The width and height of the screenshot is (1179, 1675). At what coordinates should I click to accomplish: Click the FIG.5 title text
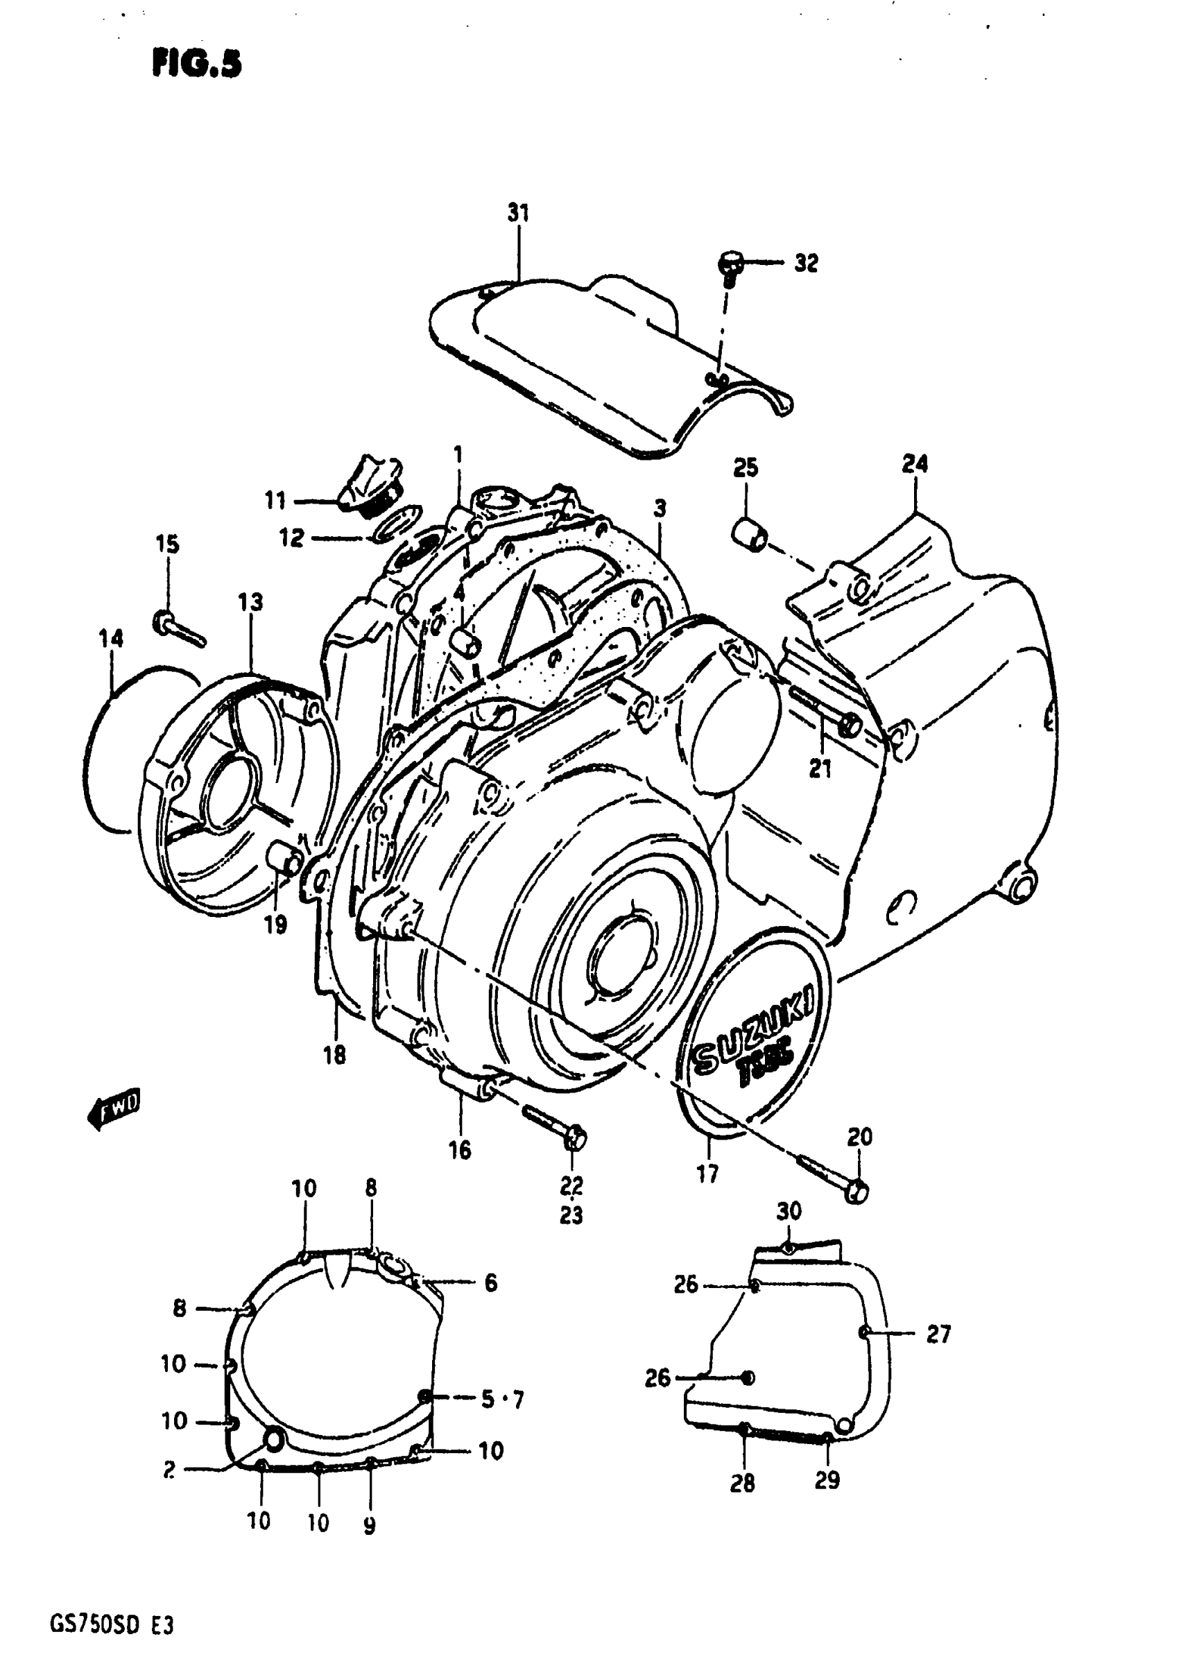196,65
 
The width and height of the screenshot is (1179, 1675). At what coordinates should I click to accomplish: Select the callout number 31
518,213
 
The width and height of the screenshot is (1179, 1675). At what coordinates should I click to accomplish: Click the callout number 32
805,263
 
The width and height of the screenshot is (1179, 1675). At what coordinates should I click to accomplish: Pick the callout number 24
915,463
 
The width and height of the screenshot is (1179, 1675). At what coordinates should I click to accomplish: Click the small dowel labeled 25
749,534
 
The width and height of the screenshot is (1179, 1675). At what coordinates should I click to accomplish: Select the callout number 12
291,538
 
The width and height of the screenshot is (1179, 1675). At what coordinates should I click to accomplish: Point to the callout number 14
111,639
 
